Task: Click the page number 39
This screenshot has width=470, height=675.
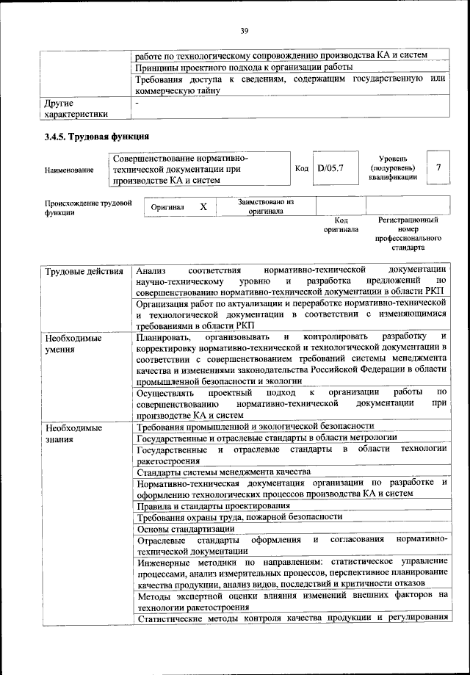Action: point(243,30)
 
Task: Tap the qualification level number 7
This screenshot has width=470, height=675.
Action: point(438,168)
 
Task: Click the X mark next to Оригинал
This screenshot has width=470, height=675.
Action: point(203,208)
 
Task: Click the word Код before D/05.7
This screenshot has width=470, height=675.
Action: point(301,169)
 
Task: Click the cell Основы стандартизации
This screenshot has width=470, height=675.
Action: point(186,528)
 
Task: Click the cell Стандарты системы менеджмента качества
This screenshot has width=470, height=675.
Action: point(223,472)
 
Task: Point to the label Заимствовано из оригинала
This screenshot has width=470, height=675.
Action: point(266,206)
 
